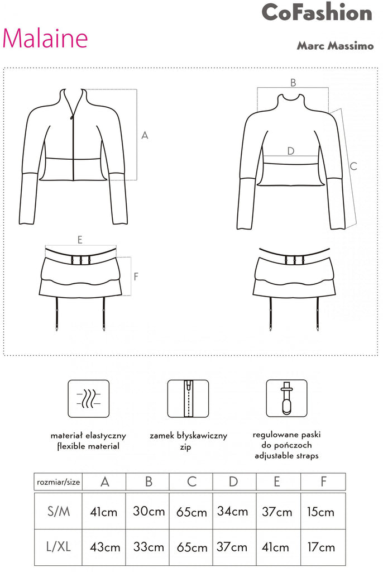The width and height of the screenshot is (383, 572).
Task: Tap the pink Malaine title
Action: (45, 38)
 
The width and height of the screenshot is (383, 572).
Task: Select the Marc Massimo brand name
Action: (335, 46)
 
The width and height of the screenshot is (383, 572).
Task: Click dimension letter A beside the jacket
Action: (145, 135)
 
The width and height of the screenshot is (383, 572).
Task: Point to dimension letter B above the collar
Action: (293, 83)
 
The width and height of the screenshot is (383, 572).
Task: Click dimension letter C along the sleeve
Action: (353, 166)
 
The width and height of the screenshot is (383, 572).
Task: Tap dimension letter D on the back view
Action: (291, 151)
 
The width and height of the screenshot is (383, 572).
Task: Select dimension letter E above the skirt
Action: (80, 240)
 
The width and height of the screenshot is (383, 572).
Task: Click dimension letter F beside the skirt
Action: (136, 276)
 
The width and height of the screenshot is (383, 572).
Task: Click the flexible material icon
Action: (89, 398)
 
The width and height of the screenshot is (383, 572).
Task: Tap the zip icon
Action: (188, 398)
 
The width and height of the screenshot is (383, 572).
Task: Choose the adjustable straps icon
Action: (287, 398)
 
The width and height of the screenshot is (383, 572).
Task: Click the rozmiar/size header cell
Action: (59, 482)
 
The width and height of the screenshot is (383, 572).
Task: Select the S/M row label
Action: (59, 512)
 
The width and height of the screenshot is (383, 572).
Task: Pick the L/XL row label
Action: (59, 547)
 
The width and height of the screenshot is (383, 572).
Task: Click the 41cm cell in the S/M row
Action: (104, 512)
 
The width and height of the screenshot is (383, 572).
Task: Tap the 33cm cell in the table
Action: (149, 547)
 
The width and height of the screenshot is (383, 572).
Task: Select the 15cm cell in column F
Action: (320, 512)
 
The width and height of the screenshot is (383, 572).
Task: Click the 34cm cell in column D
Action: (232, 512)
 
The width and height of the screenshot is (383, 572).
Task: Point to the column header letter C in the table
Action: (192, 482)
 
